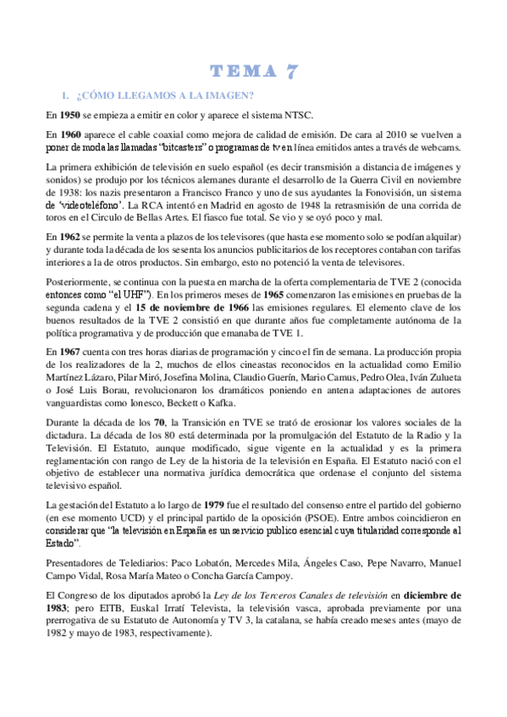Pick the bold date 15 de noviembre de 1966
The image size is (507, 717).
(x=183, y=308)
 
